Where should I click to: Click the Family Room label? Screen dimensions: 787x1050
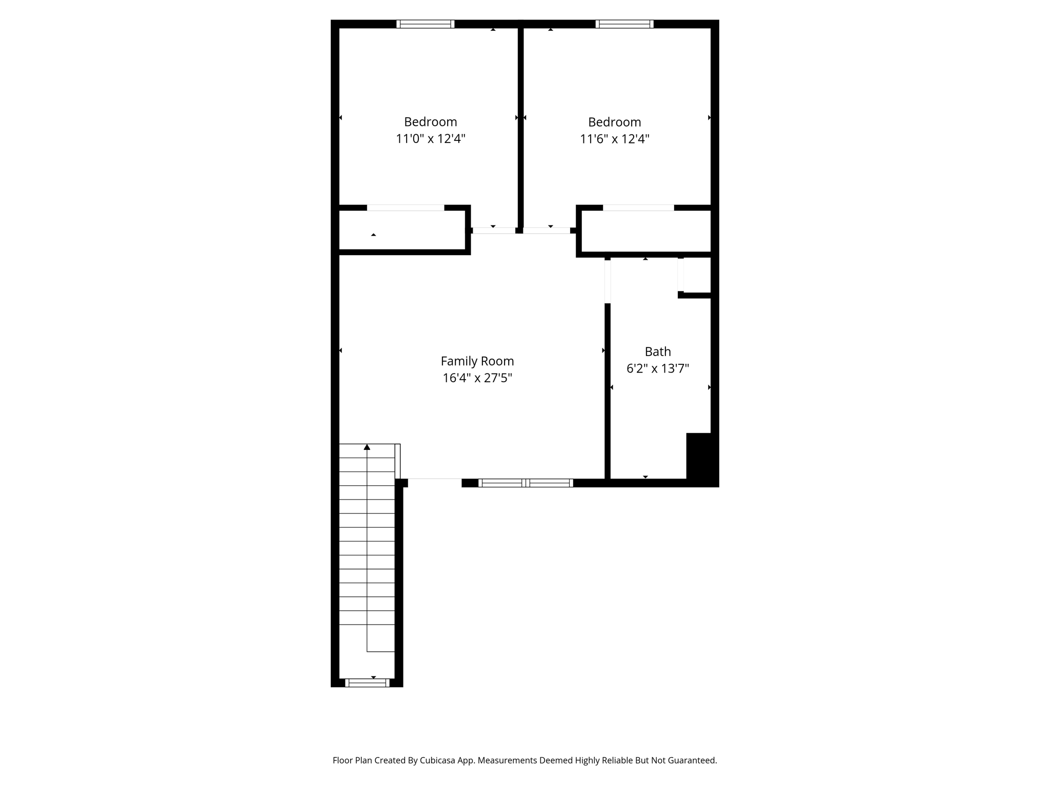[x=477, y=361]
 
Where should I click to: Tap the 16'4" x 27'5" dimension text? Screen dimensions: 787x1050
[x=477, y=378]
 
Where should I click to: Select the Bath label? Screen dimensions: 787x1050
[x=657, y=351]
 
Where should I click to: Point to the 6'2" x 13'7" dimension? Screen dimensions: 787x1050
[x=657, y=368]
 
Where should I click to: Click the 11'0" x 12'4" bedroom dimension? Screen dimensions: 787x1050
[x=430, y=139]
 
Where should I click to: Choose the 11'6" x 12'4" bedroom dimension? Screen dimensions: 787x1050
[x=614, y=139]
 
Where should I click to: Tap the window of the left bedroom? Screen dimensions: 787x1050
[x=425, y=24]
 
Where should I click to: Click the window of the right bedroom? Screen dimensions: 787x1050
[x=624, y=24]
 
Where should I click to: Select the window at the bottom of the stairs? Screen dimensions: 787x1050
[x=367, y=682]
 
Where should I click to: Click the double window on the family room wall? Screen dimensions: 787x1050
[x=526, y=483]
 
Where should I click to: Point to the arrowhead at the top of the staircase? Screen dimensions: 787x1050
[x=367, y=447]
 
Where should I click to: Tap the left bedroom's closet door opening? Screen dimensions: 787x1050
[x=406, y=208]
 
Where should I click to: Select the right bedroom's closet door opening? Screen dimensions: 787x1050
[x=638, y=208]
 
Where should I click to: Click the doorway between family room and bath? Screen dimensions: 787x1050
[x=608, y=281]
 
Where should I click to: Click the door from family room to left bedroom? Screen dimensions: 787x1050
[x=493, y=231]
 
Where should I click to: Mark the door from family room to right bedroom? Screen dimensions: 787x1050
[x=547, y=231]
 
